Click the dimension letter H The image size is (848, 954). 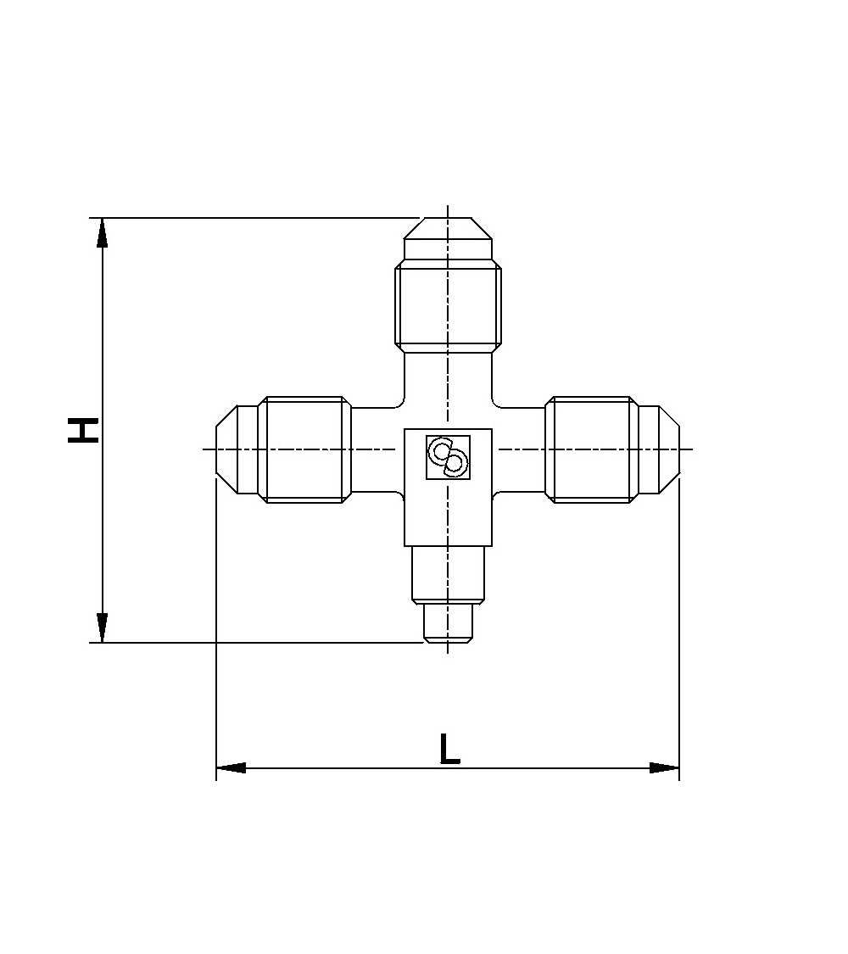pos(84,430)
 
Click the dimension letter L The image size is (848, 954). pos(449,750)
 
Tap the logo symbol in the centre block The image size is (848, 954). pos(448,457)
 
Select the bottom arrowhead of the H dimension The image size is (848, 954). pos(103,628)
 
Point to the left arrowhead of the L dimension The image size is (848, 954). pos(231,768)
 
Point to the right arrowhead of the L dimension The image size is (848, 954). pos(665,768)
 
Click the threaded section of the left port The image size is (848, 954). pos(304,449)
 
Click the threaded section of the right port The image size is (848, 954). pos(591,449)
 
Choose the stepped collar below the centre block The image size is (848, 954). pos(448,573)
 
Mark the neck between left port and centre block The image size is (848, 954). pos(373,449)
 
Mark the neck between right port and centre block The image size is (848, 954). pos(519,449)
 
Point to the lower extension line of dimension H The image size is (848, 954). pos(254,643)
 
